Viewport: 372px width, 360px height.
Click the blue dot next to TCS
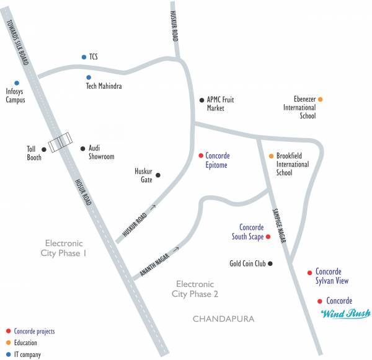pyautogui.click(x=84, y=57)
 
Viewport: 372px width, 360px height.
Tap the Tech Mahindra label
pyautogui.click(x=104, y=86)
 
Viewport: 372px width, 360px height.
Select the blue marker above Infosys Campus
pyautogui.click(x=17, y=82)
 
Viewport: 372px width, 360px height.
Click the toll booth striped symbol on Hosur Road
pyautogui.click(x=60, y=143)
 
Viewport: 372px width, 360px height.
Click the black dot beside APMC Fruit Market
pyautogui.click(x=201, y=100)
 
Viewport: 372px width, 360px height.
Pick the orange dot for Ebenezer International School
pyautogui.click(x=321, y=99)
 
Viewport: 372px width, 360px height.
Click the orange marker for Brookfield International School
pyautogui.click(x=271, y=156)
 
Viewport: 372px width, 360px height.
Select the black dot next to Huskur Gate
pyautogui.click(x=158, y=175)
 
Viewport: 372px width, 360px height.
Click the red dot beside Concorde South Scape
pyautogui.click(x=268, y=237)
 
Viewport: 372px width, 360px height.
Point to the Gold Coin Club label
pyautogui.click(x=247, y=263)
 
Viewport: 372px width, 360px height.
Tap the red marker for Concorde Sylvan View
pyautogui.click(x=309, y=272)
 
